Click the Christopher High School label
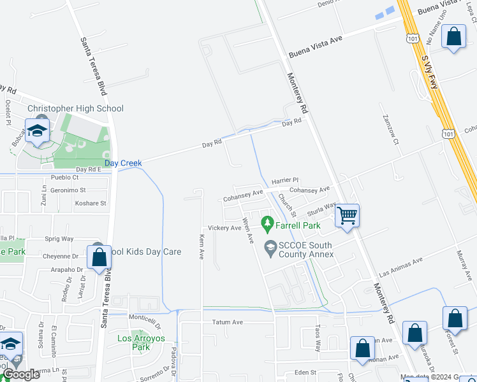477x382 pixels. tap(75, 109)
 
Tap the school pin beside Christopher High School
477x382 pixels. tap(38, 131)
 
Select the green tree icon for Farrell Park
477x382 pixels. tap(267, 224)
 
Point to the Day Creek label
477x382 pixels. tap(123, 164)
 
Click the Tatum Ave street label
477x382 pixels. tap(228, 323)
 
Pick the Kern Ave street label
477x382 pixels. tap(202, 246)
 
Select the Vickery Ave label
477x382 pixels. tap(224, 228)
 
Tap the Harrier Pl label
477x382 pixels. tap(285, 181)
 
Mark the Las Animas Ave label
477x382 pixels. tap(401, 268)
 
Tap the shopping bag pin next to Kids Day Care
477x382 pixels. tap(99, 258)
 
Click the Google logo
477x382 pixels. tap(21, 374)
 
